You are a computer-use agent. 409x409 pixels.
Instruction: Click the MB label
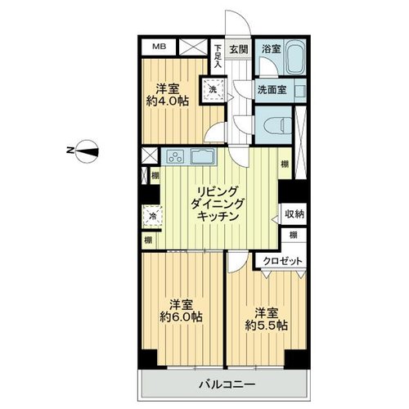(159, 47)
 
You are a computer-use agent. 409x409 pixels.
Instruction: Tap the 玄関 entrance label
(239, 49)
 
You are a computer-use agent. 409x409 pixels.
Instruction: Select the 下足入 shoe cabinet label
(218, 56)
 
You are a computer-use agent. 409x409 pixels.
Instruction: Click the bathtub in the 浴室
(295, 57)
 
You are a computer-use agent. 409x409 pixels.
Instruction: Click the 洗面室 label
(272, 90)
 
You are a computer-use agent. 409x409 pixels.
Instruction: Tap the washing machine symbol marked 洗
(213, 89)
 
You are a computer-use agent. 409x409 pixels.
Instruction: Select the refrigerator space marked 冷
(152, 217)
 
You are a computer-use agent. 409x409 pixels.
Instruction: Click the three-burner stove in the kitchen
(175, 157)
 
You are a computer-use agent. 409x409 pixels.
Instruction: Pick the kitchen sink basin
(203, 156)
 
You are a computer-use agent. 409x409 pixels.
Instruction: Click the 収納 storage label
(294, 214)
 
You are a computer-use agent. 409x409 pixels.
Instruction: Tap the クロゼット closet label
(283, 261)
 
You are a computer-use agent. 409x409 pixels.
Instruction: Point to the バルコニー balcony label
(227, 384)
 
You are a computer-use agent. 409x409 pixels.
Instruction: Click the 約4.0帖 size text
(168, 101)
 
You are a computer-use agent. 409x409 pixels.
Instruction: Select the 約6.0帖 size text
(181, 317)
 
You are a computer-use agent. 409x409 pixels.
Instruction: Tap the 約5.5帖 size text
(267, 326)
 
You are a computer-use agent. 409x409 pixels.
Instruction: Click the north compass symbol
(87, 151)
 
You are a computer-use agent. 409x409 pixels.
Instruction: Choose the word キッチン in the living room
(218, 216)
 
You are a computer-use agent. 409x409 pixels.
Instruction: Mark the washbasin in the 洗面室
(301, 90)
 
